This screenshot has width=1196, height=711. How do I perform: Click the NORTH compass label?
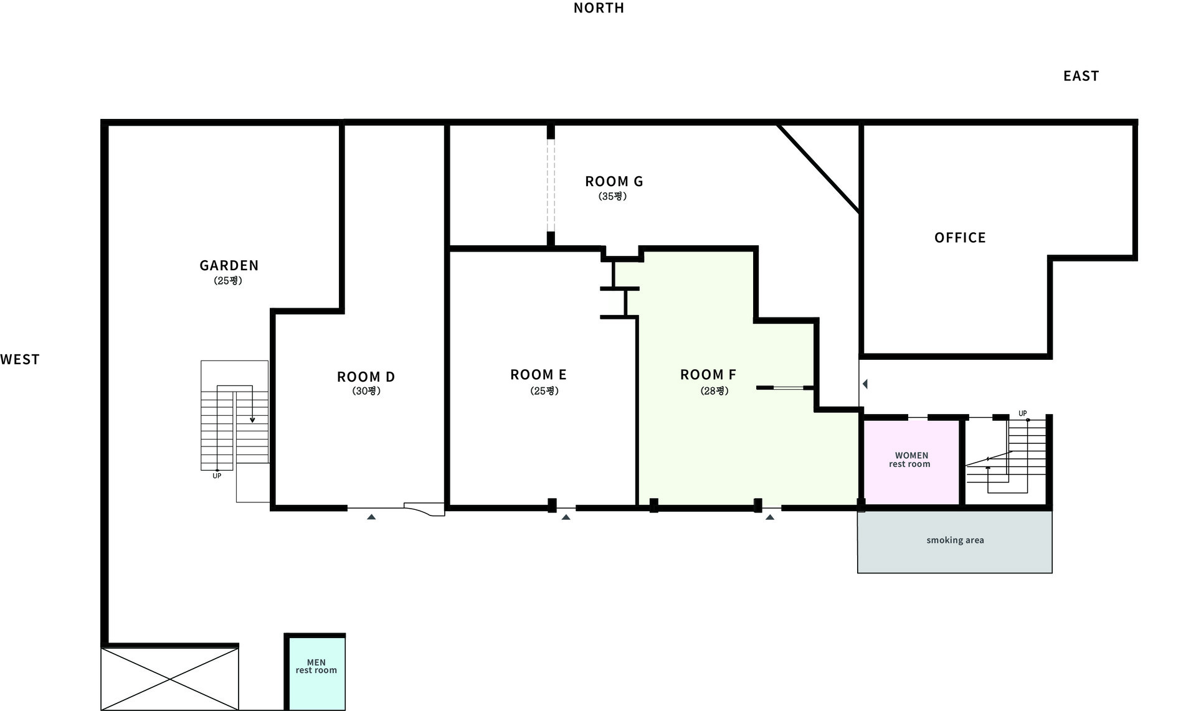click(599, 8)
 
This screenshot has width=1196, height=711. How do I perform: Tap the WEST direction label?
click(20, 359)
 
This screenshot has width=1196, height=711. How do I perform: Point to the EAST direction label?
click(1081, 76)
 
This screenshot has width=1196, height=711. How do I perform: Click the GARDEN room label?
click(229, 265)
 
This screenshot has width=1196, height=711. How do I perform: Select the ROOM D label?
click(366, 377)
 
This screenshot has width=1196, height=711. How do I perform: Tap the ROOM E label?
click(538, 374)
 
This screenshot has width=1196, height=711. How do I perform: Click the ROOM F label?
click(708, 374)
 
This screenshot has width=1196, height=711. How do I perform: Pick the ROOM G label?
click(614, 181)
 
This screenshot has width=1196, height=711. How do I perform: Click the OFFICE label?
click(960, 237)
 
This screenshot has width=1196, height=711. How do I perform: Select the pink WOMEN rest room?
click(911, 463)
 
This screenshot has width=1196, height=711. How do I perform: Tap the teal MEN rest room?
click(316, 674)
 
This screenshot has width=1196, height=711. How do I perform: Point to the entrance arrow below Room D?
click(371, 517)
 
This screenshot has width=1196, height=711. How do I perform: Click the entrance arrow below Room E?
click(566, 517)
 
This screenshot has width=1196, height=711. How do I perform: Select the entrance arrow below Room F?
click(770, 517)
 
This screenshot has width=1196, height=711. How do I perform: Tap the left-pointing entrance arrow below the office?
click(865, 384)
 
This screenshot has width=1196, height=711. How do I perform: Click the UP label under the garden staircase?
click(217, 476)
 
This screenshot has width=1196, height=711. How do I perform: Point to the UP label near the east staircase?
click(1022, 413)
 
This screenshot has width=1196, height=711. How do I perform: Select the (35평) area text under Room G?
click(613, 196)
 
